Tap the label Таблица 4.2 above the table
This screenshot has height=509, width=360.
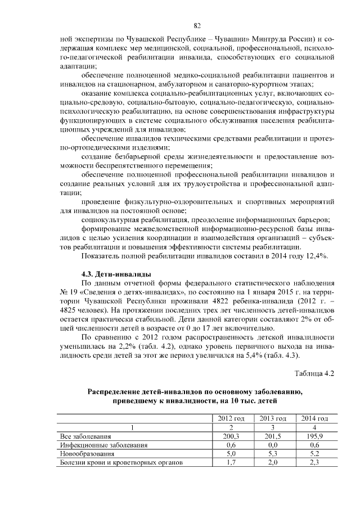(315, 373)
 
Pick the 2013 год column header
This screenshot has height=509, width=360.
(273, 418)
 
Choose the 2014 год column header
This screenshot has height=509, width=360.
(314, 418)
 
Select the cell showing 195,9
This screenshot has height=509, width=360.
(314, 436)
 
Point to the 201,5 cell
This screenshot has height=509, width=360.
(273, 436)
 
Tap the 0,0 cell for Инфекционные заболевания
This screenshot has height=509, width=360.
(273, 445)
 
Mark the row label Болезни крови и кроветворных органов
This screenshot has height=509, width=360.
(121, 463)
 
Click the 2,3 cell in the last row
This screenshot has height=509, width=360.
(314, 463)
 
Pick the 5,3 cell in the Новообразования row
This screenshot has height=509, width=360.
(273, 454)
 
